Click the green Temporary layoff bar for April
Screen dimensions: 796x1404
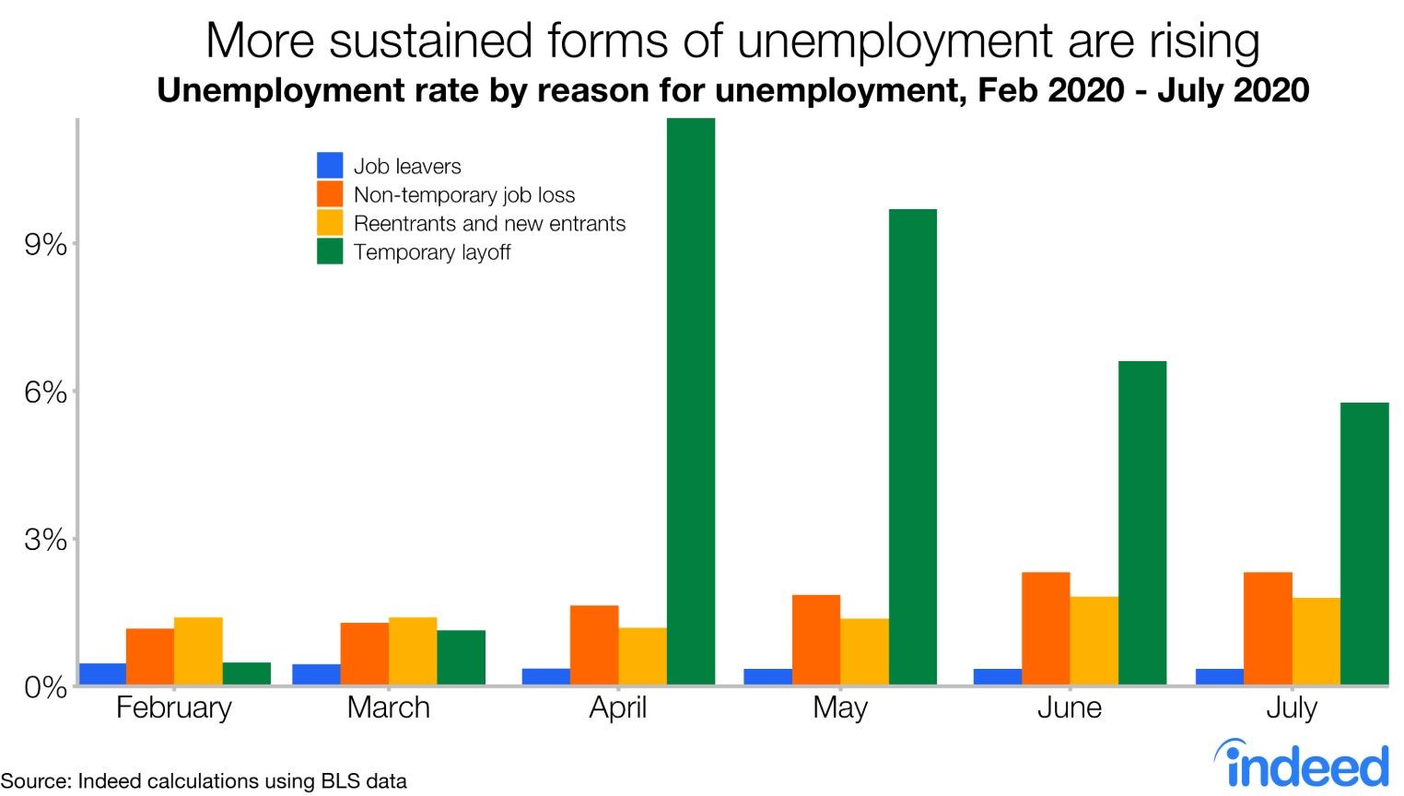[x=691, y=401]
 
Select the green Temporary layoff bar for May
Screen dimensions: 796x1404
[x=912, y=447]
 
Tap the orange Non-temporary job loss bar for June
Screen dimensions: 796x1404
[x=1046, y=628]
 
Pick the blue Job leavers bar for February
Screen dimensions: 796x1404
[x=102, y=673]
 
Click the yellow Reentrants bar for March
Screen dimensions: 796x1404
[x=413, y=650]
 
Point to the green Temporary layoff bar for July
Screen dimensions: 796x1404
[x=1364, y=544]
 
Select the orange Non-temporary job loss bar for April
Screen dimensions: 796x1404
[x=594, y=645]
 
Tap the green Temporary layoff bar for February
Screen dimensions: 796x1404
[x=247, y=673]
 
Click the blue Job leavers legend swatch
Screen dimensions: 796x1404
[x=330, y=166]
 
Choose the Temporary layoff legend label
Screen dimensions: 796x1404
[x=431, y=252]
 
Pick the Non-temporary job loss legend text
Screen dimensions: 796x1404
[x=463, y=195]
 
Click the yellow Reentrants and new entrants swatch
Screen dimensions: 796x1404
[x=330, y=223]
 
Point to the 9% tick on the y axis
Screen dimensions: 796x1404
[x=45, y=245]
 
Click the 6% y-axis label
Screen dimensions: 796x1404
[x=45, y=393]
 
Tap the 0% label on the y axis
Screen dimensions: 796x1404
[x=45, y=687]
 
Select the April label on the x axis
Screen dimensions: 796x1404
[x=618, y=708]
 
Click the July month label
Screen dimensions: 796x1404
[x=1292, y=708]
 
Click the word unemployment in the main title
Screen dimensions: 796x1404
[x=902, y=41]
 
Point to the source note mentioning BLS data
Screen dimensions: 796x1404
[x=204, y=781]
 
